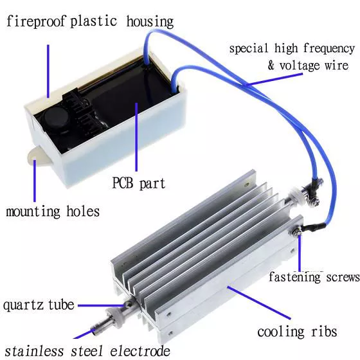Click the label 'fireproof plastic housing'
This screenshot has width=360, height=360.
(90, 22)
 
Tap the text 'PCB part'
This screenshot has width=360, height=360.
(139, 183)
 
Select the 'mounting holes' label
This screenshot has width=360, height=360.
(53, 211)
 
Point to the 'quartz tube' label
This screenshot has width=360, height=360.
(39, 305)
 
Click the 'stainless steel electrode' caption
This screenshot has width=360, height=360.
(87, 351)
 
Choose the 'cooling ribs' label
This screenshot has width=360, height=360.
(297, 332)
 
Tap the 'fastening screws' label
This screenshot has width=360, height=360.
(314, 276)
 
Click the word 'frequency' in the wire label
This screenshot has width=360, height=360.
(329, 49)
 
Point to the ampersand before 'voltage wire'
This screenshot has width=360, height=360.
(271, 65)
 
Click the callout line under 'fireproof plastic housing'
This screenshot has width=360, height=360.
(48, 71)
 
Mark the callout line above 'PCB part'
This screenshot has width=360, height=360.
(136, 137)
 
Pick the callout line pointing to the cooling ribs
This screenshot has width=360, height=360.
(259, 303)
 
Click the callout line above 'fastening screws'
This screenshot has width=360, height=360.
(300, 253)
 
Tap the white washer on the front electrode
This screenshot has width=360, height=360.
(114, 318)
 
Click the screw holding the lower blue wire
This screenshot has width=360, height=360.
(296, 231)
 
